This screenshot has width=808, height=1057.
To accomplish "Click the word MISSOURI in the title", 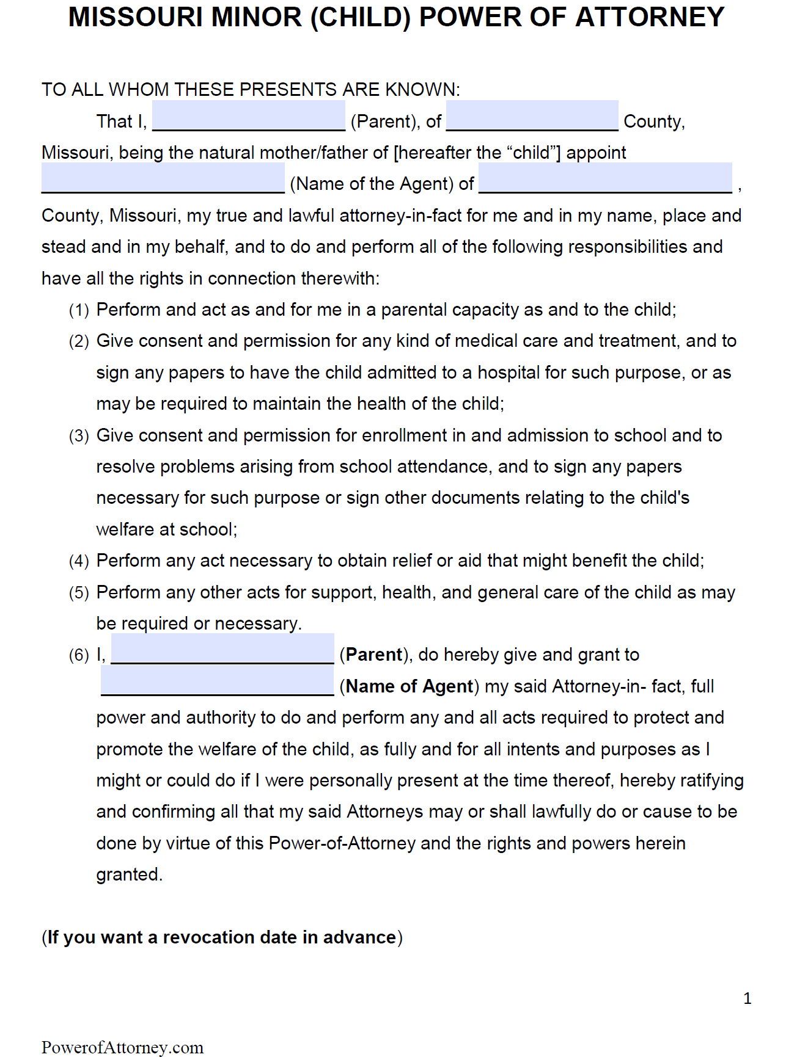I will (135, 17).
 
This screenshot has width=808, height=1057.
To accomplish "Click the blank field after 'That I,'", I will (248, 116).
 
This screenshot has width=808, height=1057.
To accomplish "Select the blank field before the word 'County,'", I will (532, 116).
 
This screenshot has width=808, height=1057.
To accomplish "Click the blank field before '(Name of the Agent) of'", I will (163, 178).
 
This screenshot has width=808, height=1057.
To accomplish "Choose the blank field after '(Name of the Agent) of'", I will (605, 178).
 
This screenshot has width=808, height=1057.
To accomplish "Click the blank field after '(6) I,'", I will (222, 649).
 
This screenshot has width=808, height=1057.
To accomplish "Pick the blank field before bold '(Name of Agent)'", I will (218, 681).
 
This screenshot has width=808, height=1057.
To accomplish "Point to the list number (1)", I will (79, 310).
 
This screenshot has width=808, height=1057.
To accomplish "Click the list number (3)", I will (79, 436).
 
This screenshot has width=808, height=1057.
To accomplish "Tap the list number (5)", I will (79, 593).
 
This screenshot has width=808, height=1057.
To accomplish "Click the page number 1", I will (747, 998).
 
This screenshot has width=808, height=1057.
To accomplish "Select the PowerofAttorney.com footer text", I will (122, 1047).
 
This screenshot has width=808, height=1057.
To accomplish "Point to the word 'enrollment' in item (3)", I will (404, 435).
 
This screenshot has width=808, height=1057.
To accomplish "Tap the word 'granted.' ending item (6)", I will (130, 874).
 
